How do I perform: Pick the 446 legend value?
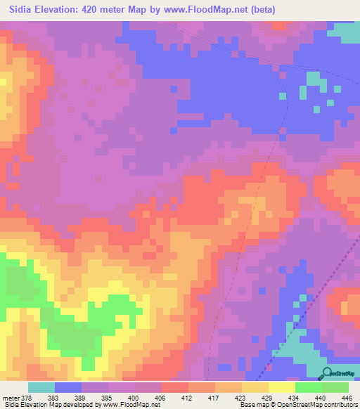[x=346, y=398]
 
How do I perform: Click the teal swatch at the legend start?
[x=41, y=387]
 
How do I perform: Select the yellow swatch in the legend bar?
[x=281, y=387]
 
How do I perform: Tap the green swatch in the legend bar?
[x=335, y=387]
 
